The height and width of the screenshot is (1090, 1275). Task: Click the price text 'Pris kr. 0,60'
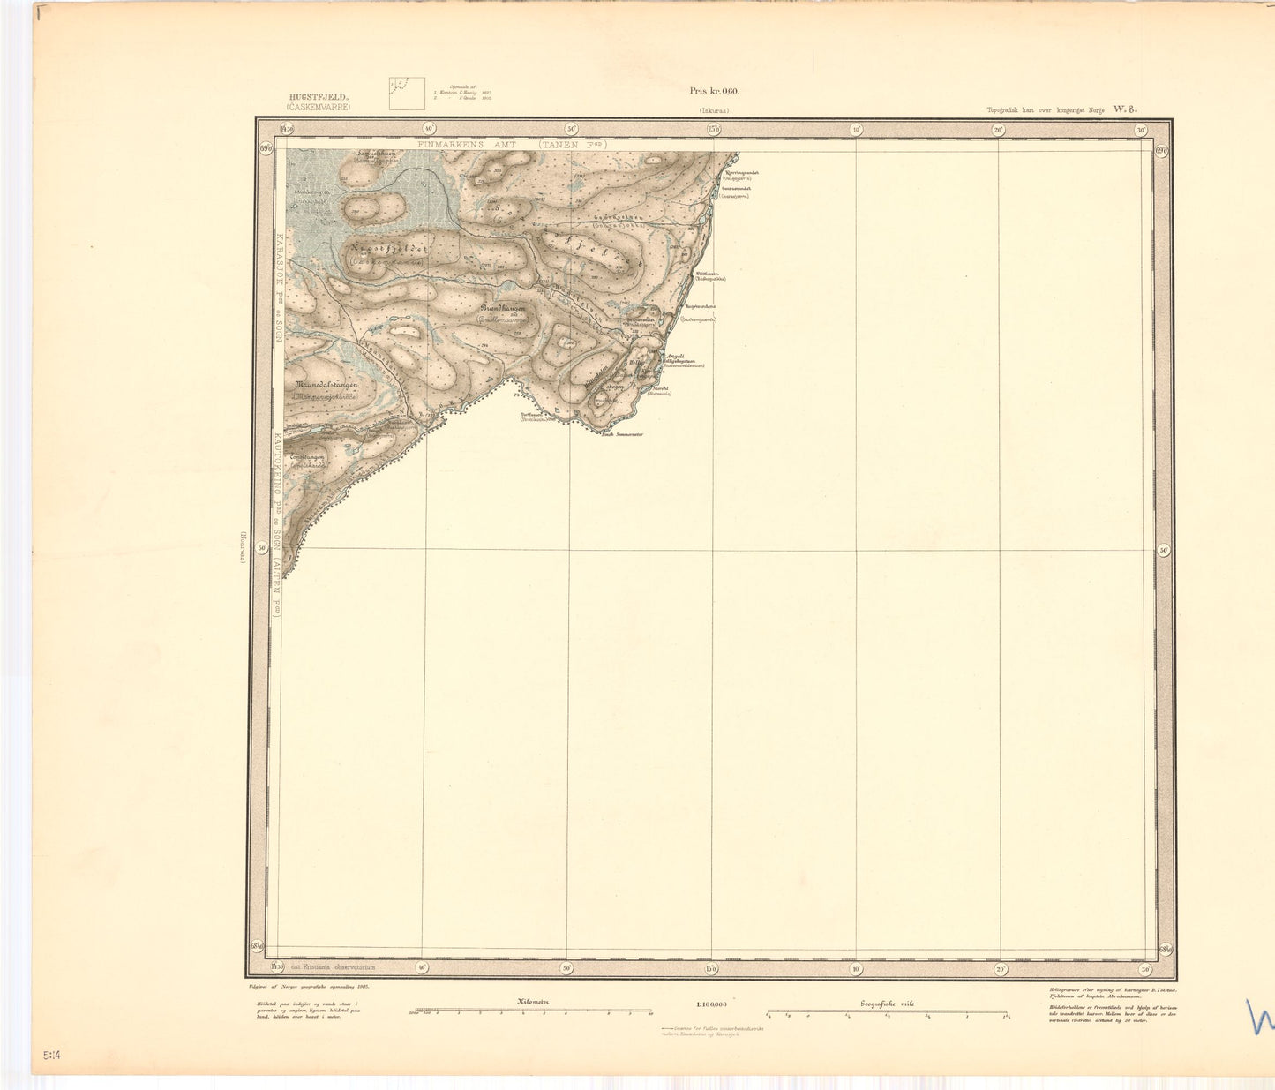point(714,91)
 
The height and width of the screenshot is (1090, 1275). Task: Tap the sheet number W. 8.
point(1125,109)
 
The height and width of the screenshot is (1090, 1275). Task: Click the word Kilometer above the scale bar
point(533,1002)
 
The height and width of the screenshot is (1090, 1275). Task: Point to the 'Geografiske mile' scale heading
point(887,1003)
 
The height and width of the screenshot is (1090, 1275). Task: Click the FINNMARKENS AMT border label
point(468,142)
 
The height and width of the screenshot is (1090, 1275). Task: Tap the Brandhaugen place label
point(503,309)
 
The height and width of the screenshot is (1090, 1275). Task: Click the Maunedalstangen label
point(327,386)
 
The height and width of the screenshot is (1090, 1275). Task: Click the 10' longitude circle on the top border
point(856,130)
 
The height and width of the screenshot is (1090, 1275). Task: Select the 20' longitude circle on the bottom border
point(1000,968)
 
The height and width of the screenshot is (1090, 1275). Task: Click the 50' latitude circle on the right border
point(1164,550)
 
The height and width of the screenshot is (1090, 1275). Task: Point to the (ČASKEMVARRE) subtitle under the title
point(318,107)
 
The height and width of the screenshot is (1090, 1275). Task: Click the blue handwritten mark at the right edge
point(1260,1017)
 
